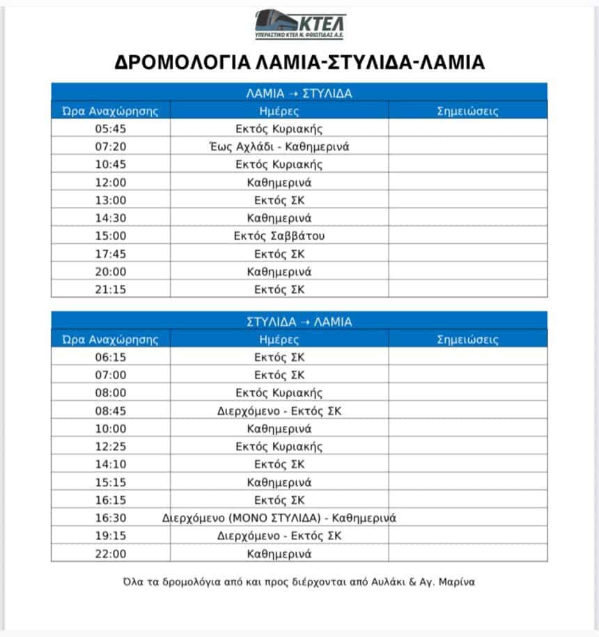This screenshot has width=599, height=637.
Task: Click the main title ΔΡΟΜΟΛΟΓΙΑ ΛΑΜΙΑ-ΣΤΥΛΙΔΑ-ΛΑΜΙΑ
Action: pos(299,62)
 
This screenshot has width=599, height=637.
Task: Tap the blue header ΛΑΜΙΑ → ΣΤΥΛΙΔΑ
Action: pos(299,93)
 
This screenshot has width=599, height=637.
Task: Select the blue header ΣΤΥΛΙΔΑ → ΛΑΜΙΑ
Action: pos(299,322)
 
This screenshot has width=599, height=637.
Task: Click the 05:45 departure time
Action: pos(111,129)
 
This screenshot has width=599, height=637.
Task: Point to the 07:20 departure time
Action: pos(111,147)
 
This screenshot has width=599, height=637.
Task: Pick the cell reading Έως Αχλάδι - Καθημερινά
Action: pos(279,147)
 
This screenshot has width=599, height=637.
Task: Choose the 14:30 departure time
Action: pos(111,218)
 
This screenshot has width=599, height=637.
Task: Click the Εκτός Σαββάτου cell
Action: pos(279,236)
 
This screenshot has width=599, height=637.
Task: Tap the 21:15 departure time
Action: pos(111,289)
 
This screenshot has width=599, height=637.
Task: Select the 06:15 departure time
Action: pos(111,358)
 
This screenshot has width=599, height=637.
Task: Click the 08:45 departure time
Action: pos(111,411)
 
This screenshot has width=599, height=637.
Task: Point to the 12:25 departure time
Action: pos(111,447)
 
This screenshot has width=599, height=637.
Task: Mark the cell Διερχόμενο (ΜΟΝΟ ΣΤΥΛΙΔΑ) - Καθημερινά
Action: pos(279,518)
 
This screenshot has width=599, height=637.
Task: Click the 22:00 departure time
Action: pos(111,554)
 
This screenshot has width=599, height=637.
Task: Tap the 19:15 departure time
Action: pos(111,536)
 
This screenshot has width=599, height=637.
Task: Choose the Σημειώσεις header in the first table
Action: pos(467,111)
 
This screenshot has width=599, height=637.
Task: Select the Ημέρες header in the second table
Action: pos(279,340)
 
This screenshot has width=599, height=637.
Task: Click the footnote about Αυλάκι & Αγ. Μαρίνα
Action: pos(299,581)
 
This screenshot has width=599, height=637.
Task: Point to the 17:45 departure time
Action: pos(111,254)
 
